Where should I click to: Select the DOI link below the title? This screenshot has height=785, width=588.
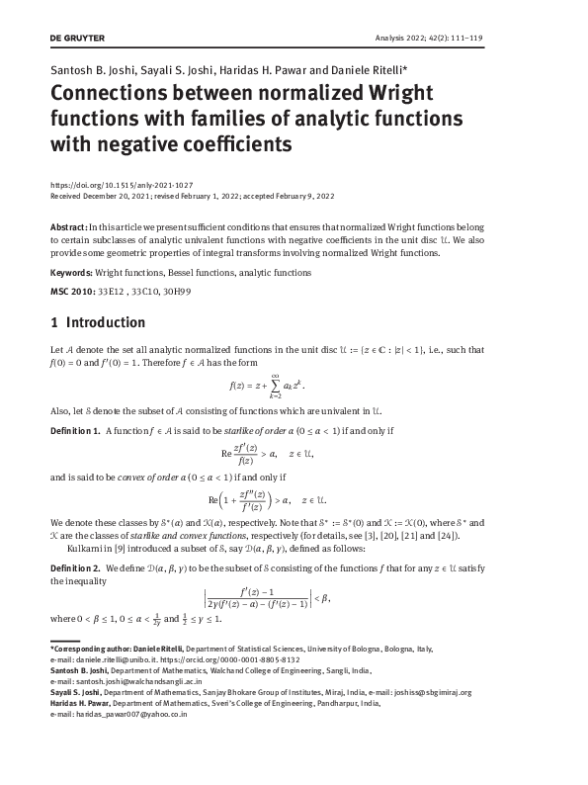click(121, 185)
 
